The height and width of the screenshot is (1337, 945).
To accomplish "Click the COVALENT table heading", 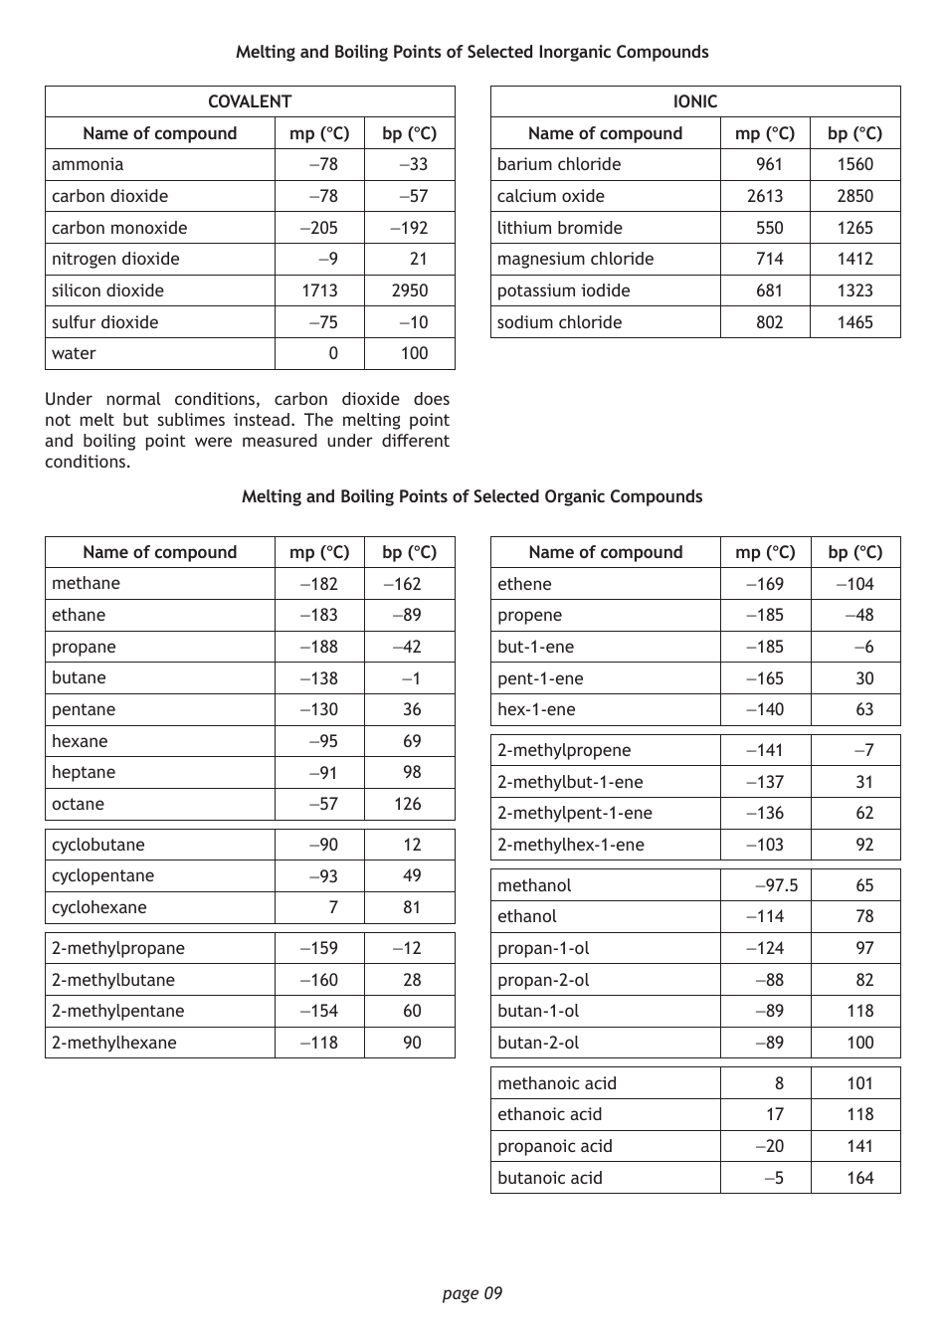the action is (x=249, y=101).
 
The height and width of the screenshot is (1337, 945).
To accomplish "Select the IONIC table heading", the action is (x=694, y=101).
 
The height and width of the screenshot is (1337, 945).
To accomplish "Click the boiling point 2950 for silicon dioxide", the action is (x=409, y=290).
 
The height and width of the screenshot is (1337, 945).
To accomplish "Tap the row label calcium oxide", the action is (x=550, y=196).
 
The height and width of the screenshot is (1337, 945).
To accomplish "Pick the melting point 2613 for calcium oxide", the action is (x=764, y=196).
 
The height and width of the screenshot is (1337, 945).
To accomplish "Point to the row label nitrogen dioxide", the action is (x=115, y=259).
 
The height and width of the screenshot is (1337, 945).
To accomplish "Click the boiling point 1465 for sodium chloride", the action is (x=854, y=322).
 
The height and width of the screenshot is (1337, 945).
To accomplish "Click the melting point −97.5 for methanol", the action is (x=776, y=885).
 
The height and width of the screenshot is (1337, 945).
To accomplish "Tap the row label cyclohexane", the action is (x=98, y=907).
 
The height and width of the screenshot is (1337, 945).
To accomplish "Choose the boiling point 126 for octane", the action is (x=408, y=804).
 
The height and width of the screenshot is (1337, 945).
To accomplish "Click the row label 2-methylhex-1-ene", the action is (x=570, y=845).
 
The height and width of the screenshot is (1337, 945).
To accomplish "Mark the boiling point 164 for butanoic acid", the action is (x=859, y=1178).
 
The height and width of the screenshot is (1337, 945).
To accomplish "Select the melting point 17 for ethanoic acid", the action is (x=775, y=1114).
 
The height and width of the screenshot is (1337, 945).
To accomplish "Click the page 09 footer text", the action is (x=472, y=1293).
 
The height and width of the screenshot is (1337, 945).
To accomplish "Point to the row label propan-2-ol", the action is (x=543, y=980).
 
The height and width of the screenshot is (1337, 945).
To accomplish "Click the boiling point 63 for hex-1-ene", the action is (x=864, y=709).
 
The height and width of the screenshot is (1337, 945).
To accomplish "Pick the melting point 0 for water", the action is (x=332, y=353).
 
